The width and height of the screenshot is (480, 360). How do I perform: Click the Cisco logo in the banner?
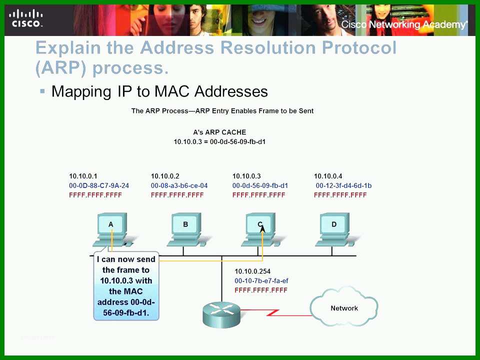point(25,19)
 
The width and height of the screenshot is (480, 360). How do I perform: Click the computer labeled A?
point(112,230)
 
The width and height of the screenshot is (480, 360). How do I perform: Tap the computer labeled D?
point(334,230)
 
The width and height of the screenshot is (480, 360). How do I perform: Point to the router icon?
point(221,314)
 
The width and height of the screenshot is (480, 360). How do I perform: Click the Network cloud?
point(344,307)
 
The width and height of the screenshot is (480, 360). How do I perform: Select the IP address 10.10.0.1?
point(83,176)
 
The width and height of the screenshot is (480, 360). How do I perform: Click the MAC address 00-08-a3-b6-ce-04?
point(179,185)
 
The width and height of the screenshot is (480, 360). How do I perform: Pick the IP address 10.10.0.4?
point(328,176)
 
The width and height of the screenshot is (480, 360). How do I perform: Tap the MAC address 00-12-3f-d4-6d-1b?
point(343,185)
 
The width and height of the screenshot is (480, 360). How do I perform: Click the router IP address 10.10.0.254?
point(252,271)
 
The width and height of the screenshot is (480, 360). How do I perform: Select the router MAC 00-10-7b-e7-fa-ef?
point(261,280)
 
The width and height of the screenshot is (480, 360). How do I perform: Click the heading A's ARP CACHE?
point(219,132)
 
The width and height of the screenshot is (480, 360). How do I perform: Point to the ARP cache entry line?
point(219,141)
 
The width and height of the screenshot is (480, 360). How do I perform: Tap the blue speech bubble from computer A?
point(126,286)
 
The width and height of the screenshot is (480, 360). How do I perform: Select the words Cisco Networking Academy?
point(404,24)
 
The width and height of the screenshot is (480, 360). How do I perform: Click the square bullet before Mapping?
point(42,91)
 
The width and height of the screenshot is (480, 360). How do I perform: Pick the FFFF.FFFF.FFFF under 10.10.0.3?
point(258,195)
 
